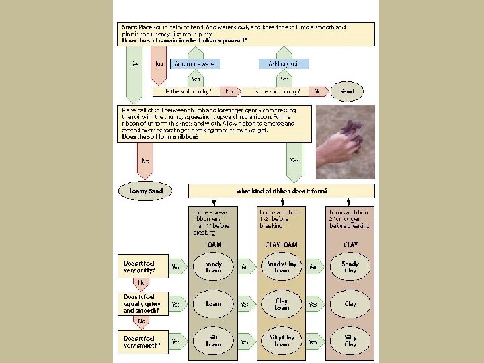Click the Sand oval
click(x=347, y=91)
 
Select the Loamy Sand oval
click(x=146, y=191)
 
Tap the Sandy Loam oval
click(x=213, y=267)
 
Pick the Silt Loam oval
click(x=213, y=340)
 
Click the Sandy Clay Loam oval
click(x=282, y=267)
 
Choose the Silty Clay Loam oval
click(x=282, y=340)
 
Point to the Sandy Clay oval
click(x=350, y=267)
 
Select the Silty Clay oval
click(x=350, y=340)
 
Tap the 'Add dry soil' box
click(x=284, y=64)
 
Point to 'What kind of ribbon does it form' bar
click(x=281, y=191)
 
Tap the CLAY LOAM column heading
click(x=282, y=245)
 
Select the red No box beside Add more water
click(x=159, y=64)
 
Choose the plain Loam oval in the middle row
click(x=213, y=304)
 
